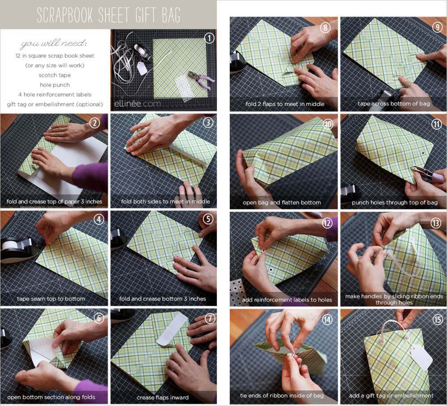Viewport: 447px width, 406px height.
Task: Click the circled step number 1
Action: point(209,38)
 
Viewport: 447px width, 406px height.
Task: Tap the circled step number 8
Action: point(325,27)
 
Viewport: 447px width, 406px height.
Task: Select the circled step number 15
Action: point(438,320)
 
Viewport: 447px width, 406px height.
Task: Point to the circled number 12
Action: point(327,223)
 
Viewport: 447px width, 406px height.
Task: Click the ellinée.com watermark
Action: point(137,104)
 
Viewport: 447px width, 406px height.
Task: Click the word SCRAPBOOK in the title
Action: point(65,15)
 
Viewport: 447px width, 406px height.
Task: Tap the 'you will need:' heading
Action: point(53,43)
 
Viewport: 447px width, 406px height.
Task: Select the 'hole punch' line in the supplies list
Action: point(55,85)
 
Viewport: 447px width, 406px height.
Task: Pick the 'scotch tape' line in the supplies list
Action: point(55,75)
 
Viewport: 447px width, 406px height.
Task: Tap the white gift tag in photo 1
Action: point(142,68)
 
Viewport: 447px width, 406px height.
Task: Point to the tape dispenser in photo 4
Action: point(18,249)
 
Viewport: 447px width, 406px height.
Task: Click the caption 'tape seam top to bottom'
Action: point(51,299)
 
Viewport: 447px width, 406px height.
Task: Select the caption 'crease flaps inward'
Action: point(163,398)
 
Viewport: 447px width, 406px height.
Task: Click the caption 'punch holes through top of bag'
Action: point(395,203)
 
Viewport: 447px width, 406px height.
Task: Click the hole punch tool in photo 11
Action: point(428,174)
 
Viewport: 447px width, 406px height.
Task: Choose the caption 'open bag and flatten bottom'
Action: point(282,203)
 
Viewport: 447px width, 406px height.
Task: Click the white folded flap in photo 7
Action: point(172,329)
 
